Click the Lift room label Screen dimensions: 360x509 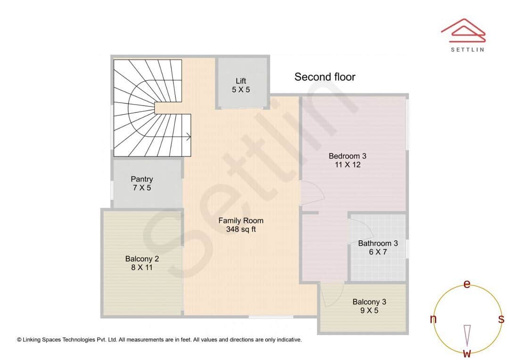tap(241, 81)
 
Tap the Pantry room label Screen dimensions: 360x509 tap(142, 179)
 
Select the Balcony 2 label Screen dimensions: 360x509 tap(142, 259)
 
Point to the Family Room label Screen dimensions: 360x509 tap(241, 221)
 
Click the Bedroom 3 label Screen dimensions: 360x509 tap(347, 156)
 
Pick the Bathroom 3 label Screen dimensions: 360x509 tap(378, 244)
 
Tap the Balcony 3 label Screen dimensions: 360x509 tap(372, 302)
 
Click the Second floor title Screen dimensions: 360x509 tap(325, 77)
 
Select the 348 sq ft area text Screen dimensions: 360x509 tap(241, 229)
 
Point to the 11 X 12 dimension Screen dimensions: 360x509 tap(347, 165)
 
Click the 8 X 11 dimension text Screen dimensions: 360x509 tap(142, 268)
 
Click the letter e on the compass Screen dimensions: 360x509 tap(467, 284)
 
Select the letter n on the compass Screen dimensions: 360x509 tap(433, 319)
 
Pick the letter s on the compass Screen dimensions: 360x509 tap(501, 319)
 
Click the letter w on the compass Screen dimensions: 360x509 tap(467, 353)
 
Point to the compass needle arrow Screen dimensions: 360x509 tap(467, 335)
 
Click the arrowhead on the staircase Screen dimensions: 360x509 tap(189, 137)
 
